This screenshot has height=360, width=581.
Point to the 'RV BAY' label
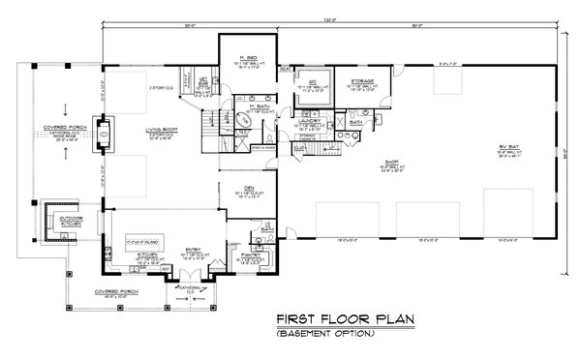pos(505,146)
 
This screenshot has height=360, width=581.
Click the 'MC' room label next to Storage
pos(312,80)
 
